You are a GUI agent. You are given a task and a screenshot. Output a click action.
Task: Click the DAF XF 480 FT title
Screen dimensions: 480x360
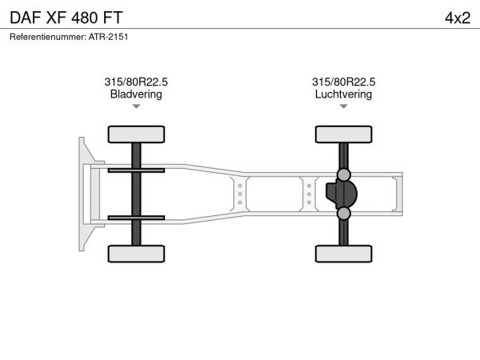click(x=66, y=18)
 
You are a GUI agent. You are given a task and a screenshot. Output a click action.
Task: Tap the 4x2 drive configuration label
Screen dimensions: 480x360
click(x=458, y=18)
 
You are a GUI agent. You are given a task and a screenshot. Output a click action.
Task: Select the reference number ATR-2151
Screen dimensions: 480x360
click(x=108, y=37)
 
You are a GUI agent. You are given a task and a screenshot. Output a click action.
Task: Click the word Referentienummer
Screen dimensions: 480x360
click(x=48, y=37)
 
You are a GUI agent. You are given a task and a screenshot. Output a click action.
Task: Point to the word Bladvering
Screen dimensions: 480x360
click(x=136, y=94)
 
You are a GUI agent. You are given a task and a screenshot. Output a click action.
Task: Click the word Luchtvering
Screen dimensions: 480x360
click(x=343, y=94)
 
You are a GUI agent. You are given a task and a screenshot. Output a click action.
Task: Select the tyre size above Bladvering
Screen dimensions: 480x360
click(x=136, y=82)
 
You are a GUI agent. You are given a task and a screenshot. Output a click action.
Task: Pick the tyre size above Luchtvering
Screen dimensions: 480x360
click(x=343, y=82)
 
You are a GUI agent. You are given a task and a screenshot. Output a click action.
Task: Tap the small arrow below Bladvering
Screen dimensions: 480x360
click(x=136, y=106)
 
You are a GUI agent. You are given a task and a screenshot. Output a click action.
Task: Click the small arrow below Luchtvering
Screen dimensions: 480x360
click(x=343, y=106)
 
